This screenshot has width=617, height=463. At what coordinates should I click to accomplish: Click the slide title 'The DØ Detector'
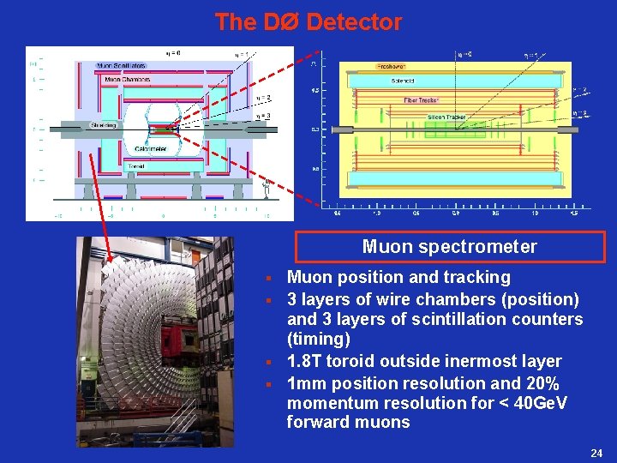308,21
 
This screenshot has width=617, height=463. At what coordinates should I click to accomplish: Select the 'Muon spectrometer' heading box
450,247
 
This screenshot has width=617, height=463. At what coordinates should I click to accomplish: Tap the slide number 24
596,452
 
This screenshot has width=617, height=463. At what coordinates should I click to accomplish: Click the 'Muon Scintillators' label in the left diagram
121,66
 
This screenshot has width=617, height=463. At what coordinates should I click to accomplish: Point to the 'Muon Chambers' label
127,80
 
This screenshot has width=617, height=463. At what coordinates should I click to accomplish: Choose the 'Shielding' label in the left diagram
104,126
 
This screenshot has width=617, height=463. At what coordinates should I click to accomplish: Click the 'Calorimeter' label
150,149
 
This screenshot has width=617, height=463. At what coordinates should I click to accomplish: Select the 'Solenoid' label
402,81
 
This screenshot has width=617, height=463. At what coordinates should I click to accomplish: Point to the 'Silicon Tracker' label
447,117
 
